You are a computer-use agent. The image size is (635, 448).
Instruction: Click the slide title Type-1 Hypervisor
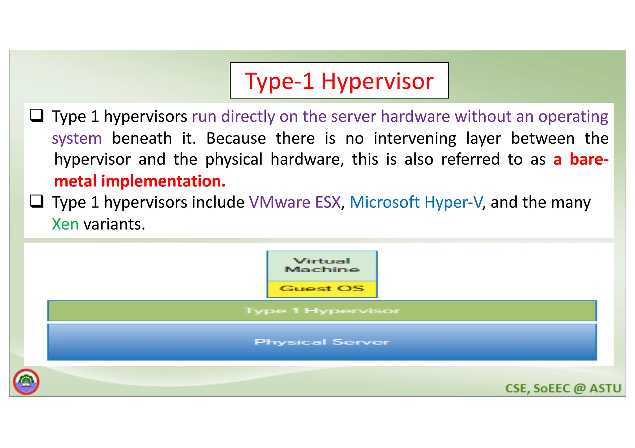coord(339,81)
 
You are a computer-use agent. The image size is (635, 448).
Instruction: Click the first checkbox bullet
coord(37,115)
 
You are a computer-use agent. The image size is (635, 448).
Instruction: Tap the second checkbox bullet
coord(37,201)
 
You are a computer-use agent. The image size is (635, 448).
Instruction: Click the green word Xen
coord(65,224)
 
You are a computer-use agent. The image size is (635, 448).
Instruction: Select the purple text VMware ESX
coord(295,202)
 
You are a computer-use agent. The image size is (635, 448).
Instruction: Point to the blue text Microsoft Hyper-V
coord(416,202)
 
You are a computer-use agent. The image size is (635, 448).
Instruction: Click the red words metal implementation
coord(140,181)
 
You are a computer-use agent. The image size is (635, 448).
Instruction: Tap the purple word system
coord(77,138)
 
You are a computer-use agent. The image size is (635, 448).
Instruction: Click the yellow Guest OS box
coord(322,289)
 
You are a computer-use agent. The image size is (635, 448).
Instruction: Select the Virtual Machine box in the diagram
coord(322,265)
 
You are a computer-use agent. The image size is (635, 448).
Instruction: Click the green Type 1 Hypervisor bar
coord(322,311)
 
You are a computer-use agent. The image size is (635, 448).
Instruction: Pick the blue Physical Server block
coord(322,342)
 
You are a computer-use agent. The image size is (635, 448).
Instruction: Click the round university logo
coord(26,381)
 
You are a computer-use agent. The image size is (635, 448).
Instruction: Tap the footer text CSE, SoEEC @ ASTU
coord(563,388)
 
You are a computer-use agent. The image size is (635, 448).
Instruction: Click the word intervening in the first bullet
coord(415,138)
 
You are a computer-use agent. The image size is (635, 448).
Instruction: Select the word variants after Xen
coord(114,224)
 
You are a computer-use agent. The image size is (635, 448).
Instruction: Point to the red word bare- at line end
coord(589,159)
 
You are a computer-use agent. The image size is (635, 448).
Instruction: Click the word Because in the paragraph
coord(236,138)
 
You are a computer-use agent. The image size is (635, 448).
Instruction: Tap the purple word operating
coord(573,117)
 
